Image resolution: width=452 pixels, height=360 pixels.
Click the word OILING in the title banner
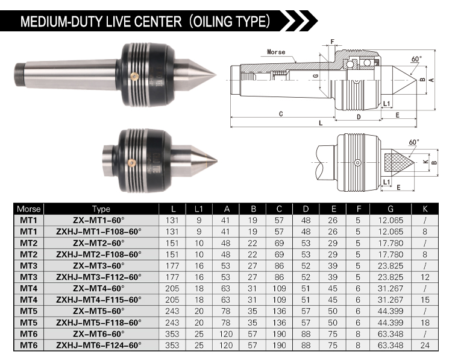212,21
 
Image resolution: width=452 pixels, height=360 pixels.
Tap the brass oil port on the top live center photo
134,76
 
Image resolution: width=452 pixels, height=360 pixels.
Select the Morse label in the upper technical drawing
276,52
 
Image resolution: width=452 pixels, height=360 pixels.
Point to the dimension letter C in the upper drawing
281,114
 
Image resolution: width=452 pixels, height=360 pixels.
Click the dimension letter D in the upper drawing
359,117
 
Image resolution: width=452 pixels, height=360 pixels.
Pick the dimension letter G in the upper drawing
316,76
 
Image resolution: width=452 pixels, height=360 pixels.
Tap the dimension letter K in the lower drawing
425,162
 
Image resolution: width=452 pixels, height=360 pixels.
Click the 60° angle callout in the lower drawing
414,142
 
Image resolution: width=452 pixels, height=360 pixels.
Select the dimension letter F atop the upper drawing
332,42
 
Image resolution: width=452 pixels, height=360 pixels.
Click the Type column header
101,209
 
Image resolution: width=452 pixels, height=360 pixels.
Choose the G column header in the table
391,209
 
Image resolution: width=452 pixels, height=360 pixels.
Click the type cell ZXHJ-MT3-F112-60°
99,277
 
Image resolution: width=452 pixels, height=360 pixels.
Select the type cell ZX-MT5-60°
99,311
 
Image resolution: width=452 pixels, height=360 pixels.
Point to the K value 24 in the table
425,346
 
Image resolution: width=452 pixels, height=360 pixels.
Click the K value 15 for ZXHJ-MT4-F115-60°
425,300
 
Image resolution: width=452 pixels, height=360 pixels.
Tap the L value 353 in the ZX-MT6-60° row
172,334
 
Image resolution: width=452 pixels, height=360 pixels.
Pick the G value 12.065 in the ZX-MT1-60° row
391,220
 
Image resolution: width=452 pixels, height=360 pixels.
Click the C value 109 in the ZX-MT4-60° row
279,288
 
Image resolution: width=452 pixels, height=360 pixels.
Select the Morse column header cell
28,209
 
